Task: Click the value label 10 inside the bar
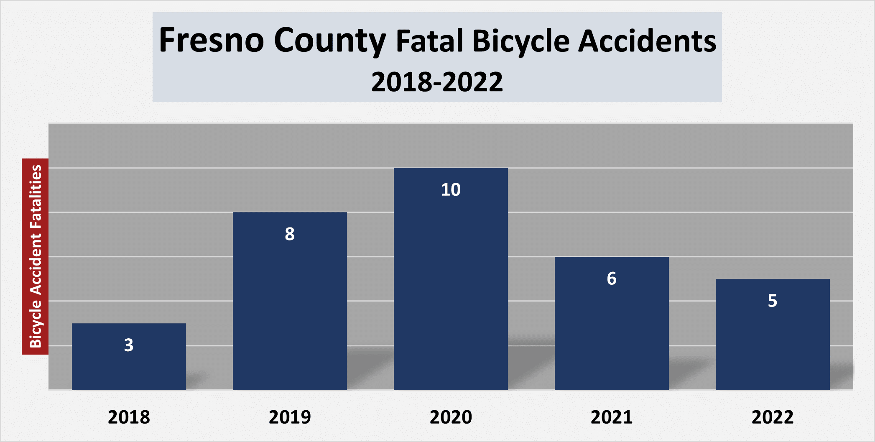tap(451, 190)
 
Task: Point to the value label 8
tap(290, 234)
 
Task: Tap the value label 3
tap(129, 345)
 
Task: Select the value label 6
tap(612, 278)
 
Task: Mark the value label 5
tap(773, 301)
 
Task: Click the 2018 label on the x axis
tap(129, 417)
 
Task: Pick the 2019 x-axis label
tap(290, 417)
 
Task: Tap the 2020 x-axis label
tap(451, 417)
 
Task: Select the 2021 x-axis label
tap(612, 417)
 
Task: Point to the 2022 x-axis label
tap(773, 417)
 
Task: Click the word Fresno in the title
tap(212, 41)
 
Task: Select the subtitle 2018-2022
tap(437, 82)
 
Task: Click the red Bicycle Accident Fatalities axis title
tap(35, 256)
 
